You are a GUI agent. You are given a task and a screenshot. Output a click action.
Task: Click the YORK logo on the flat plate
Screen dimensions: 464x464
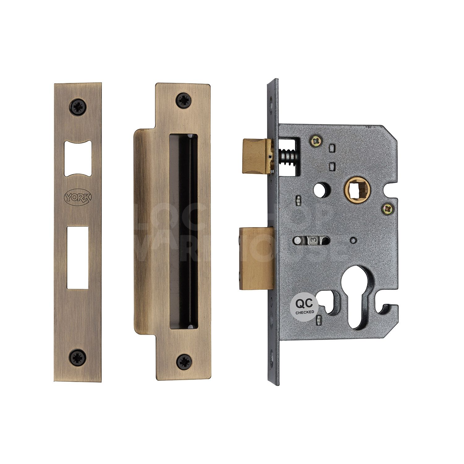coord(78,197)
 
